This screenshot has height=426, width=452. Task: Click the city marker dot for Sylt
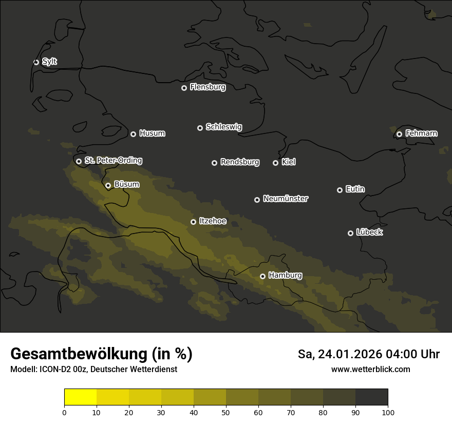[36, 62]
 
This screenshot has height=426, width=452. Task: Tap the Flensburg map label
[208, 87]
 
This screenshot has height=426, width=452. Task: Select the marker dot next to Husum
[133, 134]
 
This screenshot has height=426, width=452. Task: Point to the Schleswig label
[223, 127]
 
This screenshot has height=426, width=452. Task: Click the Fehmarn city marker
[399, 134]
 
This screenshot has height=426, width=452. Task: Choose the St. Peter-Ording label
[113, 161]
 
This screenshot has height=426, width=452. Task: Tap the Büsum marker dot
[108, 186]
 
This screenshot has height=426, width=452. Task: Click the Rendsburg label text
[239, 162]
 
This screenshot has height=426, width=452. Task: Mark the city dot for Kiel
[275, 163]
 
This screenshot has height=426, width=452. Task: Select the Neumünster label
[285, 199]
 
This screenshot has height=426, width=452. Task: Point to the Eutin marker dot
[340, 190]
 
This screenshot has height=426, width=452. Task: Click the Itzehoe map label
[212, 221]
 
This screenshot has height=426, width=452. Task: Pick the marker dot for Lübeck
[350, 233]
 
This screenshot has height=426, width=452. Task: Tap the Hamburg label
[285, 276]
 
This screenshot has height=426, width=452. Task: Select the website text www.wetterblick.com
[370, 370]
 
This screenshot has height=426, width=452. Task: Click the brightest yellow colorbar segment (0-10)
[80, 397]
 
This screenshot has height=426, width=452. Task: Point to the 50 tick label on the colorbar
[226, 412]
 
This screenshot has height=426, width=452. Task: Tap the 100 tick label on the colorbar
[388, 412]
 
